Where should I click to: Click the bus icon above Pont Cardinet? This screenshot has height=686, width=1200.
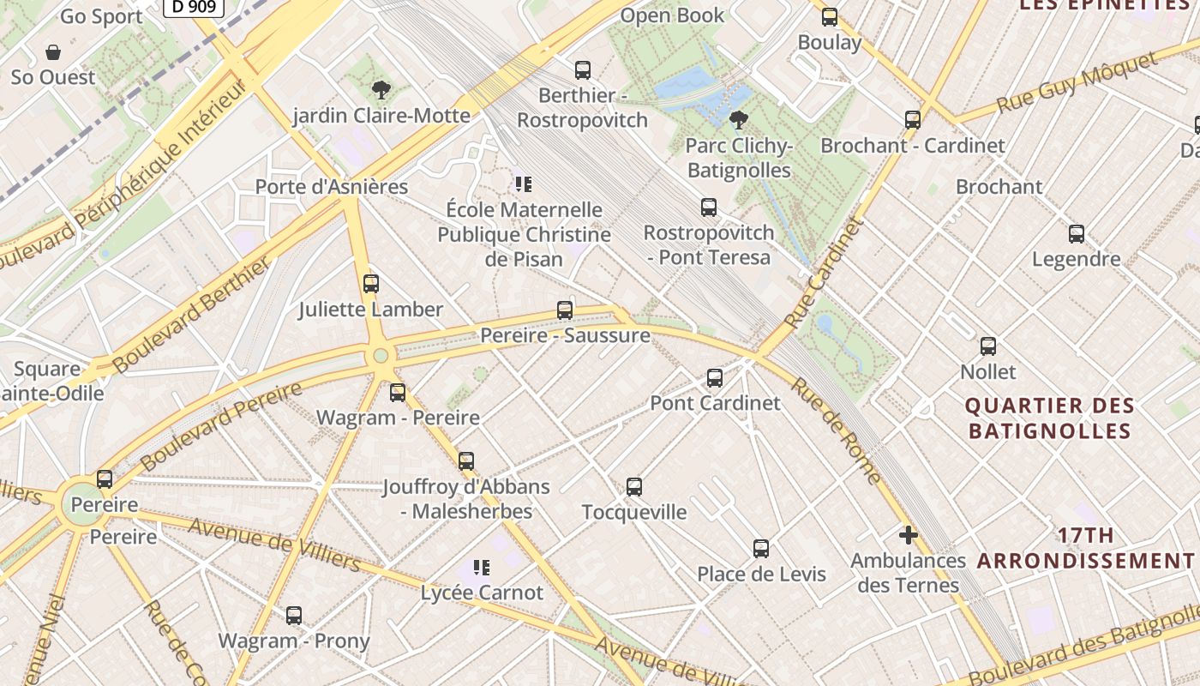coord(714,378)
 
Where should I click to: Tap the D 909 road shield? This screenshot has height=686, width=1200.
coord(193,7)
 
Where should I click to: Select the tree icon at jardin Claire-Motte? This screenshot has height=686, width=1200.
coord(381,89)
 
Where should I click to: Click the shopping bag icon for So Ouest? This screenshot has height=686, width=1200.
coord(53,52)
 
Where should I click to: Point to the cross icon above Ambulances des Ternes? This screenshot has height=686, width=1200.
coord(908,536)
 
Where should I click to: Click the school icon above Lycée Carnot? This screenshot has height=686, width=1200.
coord(481,568)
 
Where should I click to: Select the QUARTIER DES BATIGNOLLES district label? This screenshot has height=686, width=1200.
coord(1050,418)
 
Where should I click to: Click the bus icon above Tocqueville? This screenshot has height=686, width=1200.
coord(634,487)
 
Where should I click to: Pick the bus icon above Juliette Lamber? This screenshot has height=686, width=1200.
coord(371,284)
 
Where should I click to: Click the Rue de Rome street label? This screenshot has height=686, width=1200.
coord(835,431)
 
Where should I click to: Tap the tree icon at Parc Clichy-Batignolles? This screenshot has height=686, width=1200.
coord(738,120)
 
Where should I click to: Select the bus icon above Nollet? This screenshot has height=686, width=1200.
coord(988,346)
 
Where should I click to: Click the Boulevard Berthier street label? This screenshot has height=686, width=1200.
coord(192,314)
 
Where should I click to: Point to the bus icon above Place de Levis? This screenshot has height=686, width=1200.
coord(761,549)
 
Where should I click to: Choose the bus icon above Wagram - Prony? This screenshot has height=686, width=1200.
coord(294,616)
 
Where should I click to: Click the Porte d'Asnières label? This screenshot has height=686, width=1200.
coord(332,186)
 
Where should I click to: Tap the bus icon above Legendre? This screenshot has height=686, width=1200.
coord(1077,234)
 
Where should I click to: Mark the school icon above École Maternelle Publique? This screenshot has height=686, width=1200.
coord(523,184)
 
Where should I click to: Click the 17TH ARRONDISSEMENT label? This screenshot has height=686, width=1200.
coord(1085,548)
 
